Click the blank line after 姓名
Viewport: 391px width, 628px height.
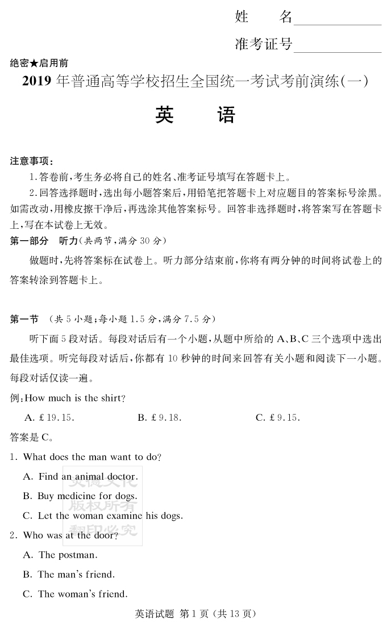337,22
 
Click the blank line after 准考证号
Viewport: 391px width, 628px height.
337,48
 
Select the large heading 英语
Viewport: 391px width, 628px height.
195,115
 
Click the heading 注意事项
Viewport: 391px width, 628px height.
31,161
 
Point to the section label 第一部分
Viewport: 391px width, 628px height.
29,241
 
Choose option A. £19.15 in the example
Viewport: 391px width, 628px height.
49,417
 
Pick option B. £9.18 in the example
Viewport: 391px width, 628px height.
159,417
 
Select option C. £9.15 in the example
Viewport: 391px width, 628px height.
277,417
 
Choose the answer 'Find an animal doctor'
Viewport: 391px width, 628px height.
80,476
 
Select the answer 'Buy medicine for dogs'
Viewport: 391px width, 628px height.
80,496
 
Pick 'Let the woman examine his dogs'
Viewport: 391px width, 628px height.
102,516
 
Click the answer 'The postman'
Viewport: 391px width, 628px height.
60,555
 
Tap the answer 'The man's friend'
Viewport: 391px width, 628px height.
68,574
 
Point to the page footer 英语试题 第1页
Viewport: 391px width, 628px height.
195,613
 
